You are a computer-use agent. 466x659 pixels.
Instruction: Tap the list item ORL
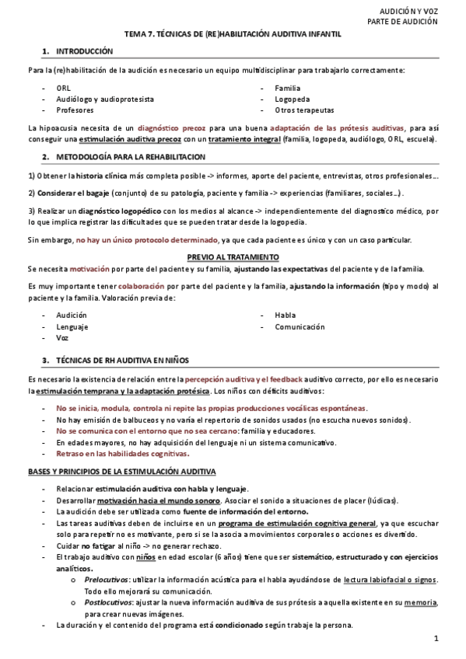tap(63, 89)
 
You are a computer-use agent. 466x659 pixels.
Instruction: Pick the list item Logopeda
tap(291, 99)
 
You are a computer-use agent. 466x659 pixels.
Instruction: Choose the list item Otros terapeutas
tap(300, 110)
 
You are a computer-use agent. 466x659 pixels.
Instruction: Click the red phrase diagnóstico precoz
tap(173, 127)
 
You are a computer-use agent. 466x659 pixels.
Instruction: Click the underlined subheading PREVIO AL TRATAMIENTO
tap(233, 257)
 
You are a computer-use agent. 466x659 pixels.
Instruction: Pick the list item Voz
tap(62, 339)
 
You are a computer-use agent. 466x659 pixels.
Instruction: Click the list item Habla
tap(285, 316)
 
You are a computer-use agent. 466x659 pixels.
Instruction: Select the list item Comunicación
tap(300, 327)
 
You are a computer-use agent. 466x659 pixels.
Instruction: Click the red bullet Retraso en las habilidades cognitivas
tap(122, 454)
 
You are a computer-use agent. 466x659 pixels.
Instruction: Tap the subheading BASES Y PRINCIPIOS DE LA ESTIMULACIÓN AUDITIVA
tap(122, 472)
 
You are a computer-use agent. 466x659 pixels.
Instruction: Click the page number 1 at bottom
tap(436, 640)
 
